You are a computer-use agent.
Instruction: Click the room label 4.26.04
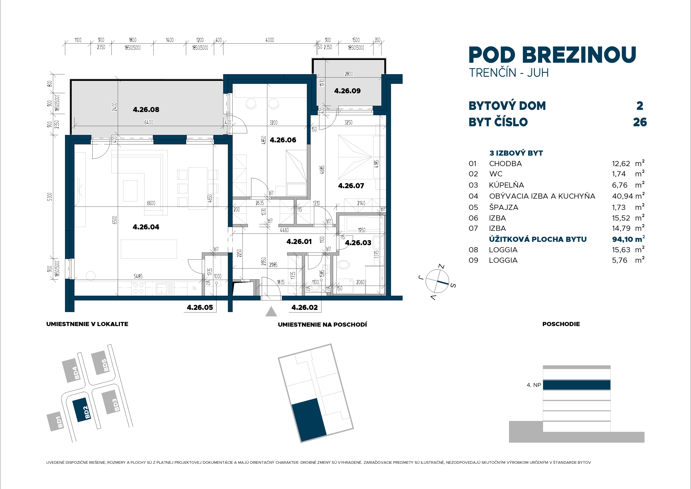(146, 227)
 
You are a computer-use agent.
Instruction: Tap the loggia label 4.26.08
(146, 110)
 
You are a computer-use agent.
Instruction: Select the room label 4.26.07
(351, 186)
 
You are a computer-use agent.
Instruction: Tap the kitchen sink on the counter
(165, 288)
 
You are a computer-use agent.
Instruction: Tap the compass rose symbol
(437, 281)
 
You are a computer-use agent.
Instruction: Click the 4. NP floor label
(534, 385)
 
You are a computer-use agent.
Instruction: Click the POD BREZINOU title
(552, 55)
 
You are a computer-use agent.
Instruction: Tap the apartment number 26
(640, 122)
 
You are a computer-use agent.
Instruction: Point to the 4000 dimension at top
(270, 40)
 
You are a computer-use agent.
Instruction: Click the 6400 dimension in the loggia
(149, 122)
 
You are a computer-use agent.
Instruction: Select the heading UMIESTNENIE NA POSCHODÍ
(322, 324)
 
